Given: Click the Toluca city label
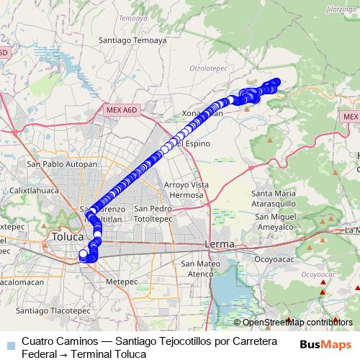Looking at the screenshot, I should (x=68, y=236).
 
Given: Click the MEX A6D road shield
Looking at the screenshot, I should (x=120, y=109).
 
